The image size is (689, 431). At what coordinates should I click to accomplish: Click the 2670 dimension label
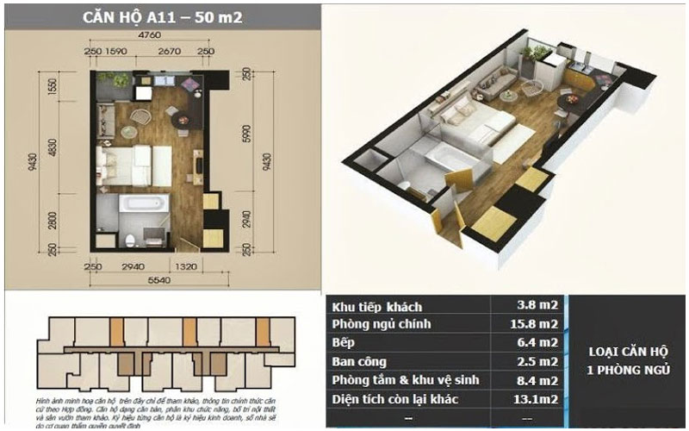[x=168, y=52]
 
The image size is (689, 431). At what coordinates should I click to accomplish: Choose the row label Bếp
[x=345, y=342]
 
